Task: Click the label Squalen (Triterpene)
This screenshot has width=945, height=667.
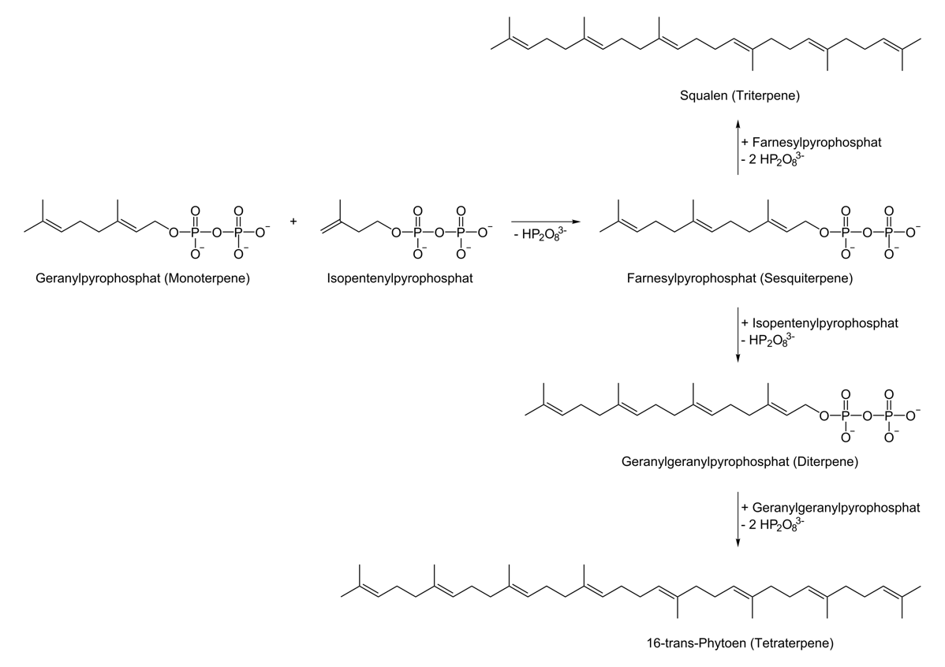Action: tap(739, 96)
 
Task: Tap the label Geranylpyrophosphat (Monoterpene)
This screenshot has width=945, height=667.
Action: tap(143, 278)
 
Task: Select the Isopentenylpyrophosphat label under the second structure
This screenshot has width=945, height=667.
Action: tap(400, 278)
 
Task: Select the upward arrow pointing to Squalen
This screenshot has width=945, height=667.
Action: tap(738, 150)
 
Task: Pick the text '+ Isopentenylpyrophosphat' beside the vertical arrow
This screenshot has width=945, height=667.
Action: tap(820, 323)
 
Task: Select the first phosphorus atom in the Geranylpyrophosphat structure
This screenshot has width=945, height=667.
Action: tap(195, 232)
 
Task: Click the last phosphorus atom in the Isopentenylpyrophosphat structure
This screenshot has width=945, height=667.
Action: tap(461, 232)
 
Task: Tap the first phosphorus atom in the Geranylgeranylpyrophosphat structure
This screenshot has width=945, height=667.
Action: tap(846, 414)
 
